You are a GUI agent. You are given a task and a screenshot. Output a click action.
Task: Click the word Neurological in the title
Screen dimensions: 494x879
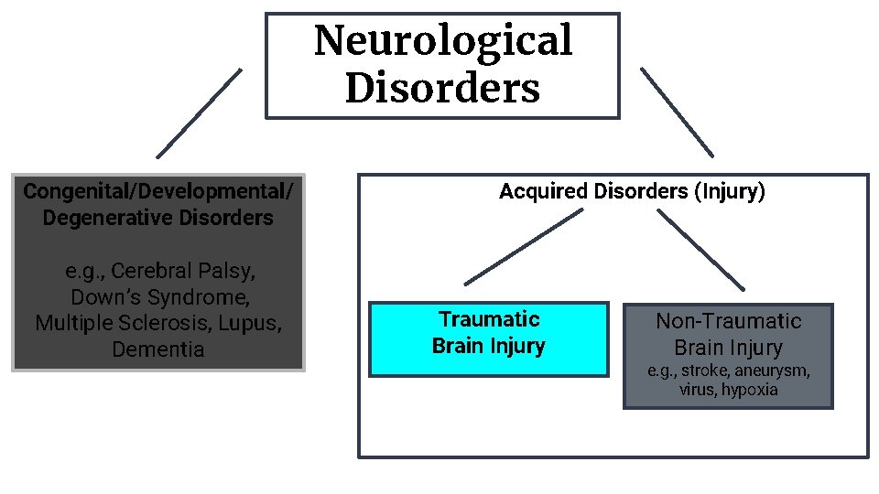[443, 41]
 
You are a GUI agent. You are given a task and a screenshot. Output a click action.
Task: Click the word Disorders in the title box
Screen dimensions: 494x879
[443, 89]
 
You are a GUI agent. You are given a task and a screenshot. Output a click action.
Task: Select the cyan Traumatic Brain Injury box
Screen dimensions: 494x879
[488, 339]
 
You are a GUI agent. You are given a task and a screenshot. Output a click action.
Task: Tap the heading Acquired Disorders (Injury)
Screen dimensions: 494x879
[632, 191]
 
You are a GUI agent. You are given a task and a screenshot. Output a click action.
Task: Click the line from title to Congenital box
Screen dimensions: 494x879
[200, 113]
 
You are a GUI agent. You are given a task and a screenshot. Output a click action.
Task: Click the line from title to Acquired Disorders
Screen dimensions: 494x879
[677, 111]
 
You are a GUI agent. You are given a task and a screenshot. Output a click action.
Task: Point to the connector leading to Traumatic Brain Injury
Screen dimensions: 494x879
[524, 247]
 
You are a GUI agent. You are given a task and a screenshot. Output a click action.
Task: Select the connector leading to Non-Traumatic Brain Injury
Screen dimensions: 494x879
[701, 251]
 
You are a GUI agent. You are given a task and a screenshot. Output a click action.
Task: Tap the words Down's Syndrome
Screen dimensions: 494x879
[158, 297]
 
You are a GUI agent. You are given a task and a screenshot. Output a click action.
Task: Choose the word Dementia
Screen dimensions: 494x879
[158, 349]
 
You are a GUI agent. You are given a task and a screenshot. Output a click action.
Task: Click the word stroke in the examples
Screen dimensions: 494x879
[706, 371]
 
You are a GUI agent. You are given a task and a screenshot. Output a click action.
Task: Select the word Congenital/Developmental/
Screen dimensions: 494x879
[158, 191]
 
